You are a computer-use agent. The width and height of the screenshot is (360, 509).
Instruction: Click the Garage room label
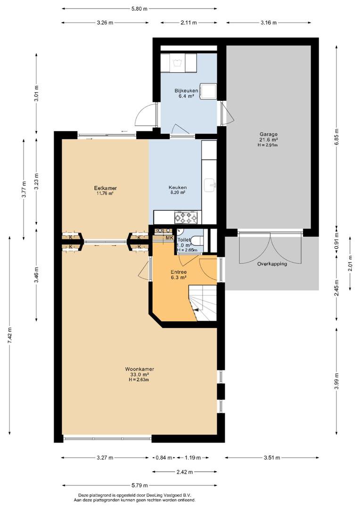pyautogui.click(x=269, y=134)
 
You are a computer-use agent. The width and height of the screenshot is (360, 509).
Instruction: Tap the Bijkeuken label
pyautogui.click(x=186, y=90)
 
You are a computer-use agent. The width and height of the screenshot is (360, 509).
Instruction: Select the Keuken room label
pyautogui.click(x=178, y=187)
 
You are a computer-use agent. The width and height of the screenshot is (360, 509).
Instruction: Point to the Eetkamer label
pyautogui.click(x=106, y=188)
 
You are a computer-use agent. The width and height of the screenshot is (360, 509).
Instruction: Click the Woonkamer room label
pyautogui.click(x=139, y=369)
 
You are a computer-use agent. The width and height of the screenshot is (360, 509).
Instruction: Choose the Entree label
pyautogui.click(x=179, y=272)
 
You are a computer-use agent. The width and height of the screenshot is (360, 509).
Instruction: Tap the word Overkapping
pyautogui.click(x=272, y=264)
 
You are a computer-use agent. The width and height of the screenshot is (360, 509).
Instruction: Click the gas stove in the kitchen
pyautogui.click(x=186, y=217)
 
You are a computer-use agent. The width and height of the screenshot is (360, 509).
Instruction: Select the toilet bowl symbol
pyautogui.click(x=196, y=240)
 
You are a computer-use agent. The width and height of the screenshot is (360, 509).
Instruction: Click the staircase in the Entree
pyautogui.click(x=203, y=303)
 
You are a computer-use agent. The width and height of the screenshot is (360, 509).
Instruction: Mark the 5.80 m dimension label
pyautogui.click(x=139, y=9)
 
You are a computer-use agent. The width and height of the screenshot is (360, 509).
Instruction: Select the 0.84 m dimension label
pyautogui.click(x=164, y=458)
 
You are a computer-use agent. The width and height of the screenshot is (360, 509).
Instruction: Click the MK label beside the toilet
pyautogui.click(x=169, y=238)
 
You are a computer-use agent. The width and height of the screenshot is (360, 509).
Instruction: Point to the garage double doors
pyautogui.click(x=270, y=248)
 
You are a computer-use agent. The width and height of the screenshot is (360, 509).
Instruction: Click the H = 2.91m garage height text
pyautogui.click(x=268, y=145)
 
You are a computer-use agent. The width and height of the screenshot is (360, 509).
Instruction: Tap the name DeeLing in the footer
pyautogui.click(x=155, y=495)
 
